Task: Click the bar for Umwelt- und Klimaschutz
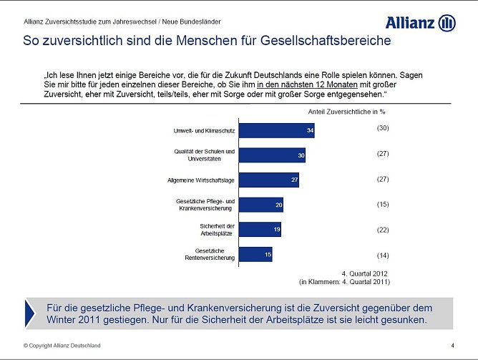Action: [x=276, y=130]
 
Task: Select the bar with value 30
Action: [x=272, y=155]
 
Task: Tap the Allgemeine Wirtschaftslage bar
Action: [x=268, y=180]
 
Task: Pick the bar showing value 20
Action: [x=260, y=205]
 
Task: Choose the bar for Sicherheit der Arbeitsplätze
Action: [x=260, y=229]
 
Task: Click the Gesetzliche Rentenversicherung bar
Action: [x=255, y=254]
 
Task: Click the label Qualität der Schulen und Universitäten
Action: [x=204, y=155]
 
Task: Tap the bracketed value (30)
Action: [x=382, y=127]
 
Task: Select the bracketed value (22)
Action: [x=382, y=230]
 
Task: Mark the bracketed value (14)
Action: [x=382, y=255]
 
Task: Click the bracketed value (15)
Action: [x=382, y=204]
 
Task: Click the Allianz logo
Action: [x=420, y=22]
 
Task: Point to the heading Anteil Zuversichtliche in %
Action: [x=346, y=112]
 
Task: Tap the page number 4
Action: [x=452, y=346]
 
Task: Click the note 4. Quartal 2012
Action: [x=366, y=273]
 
